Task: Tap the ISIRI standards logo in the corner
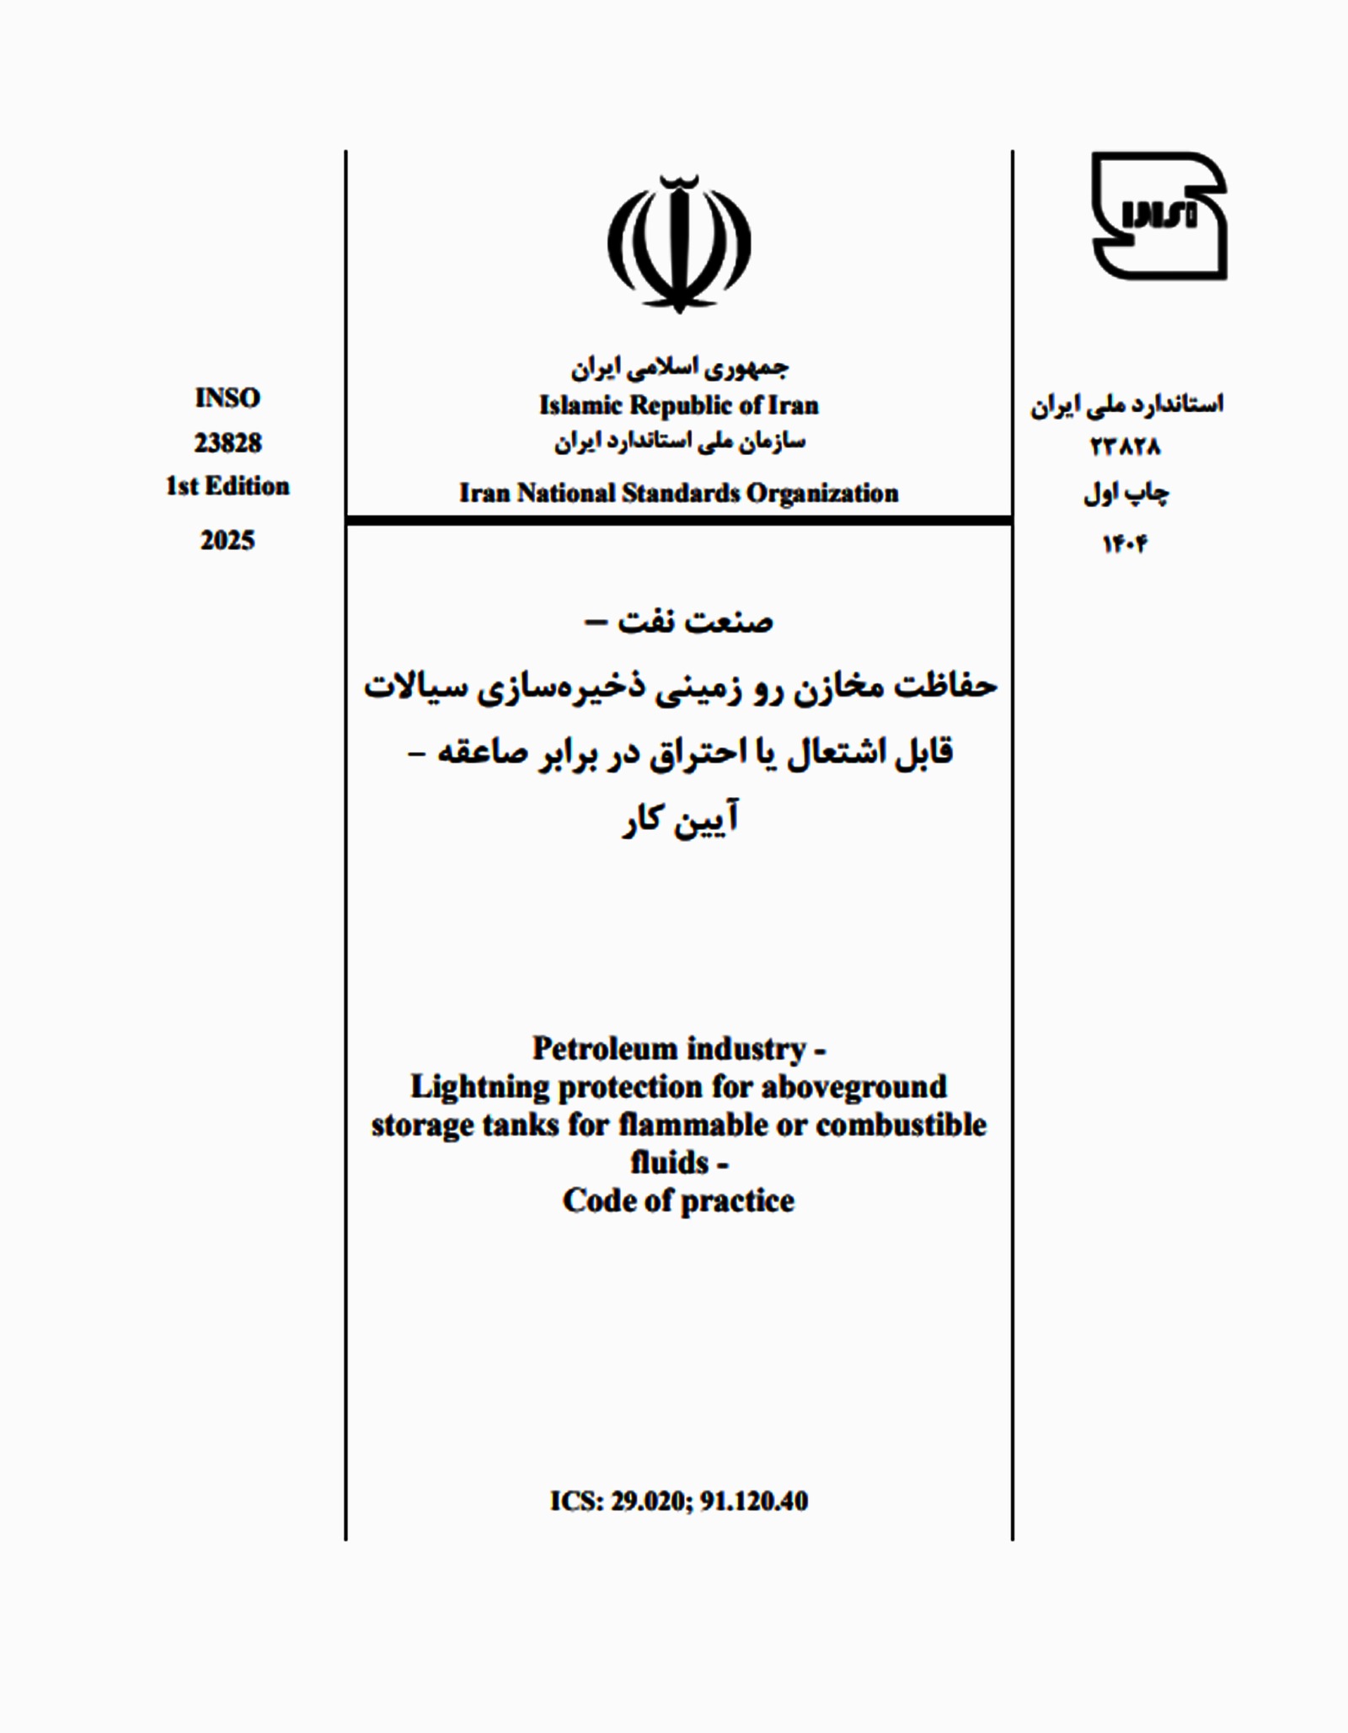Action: tap(1158, 216)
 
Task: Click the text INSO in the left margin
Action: tap(227, 398)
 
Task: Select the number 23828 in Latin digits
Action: tap(227, 442)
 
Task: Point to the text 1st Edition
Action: tap(227, 486)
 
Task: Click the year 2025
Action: tap(227, 540)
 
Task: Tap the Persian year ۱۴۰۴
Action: tap(1126, 545)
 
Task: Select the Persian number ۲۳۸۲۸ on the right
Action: tap(1126, 447)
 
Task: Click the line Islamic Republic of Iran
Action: tap(679, 405)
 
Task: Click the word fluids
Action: tap(669, 1163)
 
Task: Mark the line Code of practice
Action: tap(679, 1201)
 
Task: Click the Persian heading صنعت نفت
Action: tap(696, 623)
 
